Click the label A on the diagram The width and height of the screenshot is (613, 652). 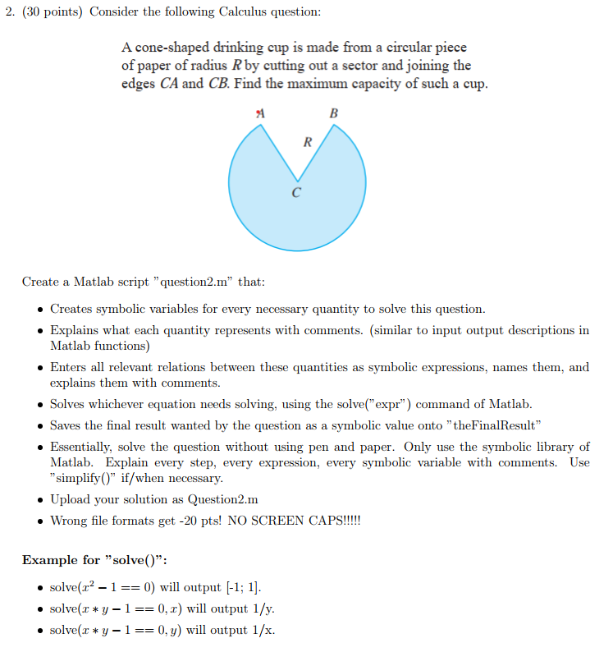pos(260,112)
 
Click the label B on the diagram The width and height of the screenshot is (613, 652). pos(333,112)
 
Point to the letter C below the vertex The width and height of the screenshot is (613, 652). pos(296,194)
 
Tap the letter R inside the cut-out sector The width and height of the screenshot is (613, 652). pos(307,142)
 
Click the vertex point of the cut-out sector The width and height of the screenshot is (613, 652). pos(297,181)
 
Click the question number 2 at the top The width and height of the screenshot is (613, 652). pos(8,12)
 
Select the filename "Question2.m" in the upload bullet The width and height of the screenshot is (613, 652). pos(223,499)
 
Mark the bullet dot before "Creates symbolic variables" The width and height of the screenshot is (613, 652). pos(40,310)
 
